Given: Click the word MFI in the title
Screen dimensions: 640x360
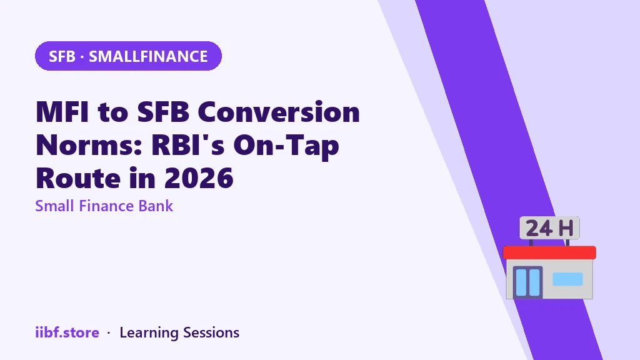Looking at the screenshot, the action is tap(62, 112).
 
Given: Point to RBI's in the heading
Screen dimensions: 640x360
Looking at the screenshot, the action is tap(187, 145).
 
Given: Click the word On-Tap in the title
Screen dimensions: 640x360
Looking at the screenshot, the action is tap(286, 146).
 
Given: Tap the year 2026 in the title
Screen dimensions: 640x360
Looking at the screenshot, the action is tap(199, 178).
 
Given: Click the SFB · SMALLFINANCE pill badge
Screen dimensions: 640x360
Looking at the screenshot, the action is tap(128, 56).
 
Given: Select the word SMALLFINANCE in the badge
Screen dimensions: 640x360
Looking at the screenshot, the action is tap(148, 56).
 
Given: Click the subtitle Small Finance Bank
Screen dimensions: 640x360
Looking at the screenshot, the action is tap(104, 206).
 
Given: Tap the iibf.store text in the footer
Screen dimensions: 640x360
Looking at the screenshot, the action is tap(67, 332).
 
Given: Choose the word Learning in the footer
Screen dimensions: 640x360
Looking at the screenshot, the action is tap(149, 333).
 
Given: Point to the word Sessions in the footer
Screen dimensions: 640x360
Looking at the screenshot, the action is tap(211, 332).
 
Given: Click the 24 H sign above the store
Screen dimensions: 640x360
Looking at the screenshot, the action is tap(549, 227).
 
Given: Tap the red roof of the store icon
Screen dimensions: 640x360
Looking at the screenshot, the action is tap(549, 252).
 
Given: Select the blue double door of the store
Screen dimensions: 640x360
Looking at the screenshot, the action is tap(527, 282).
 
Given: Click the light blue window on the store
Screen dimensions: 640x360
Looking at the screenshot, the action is tap(567, 279).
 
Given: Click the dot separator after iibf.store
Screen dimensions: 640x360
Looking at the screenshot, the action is tap(109, 333).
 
